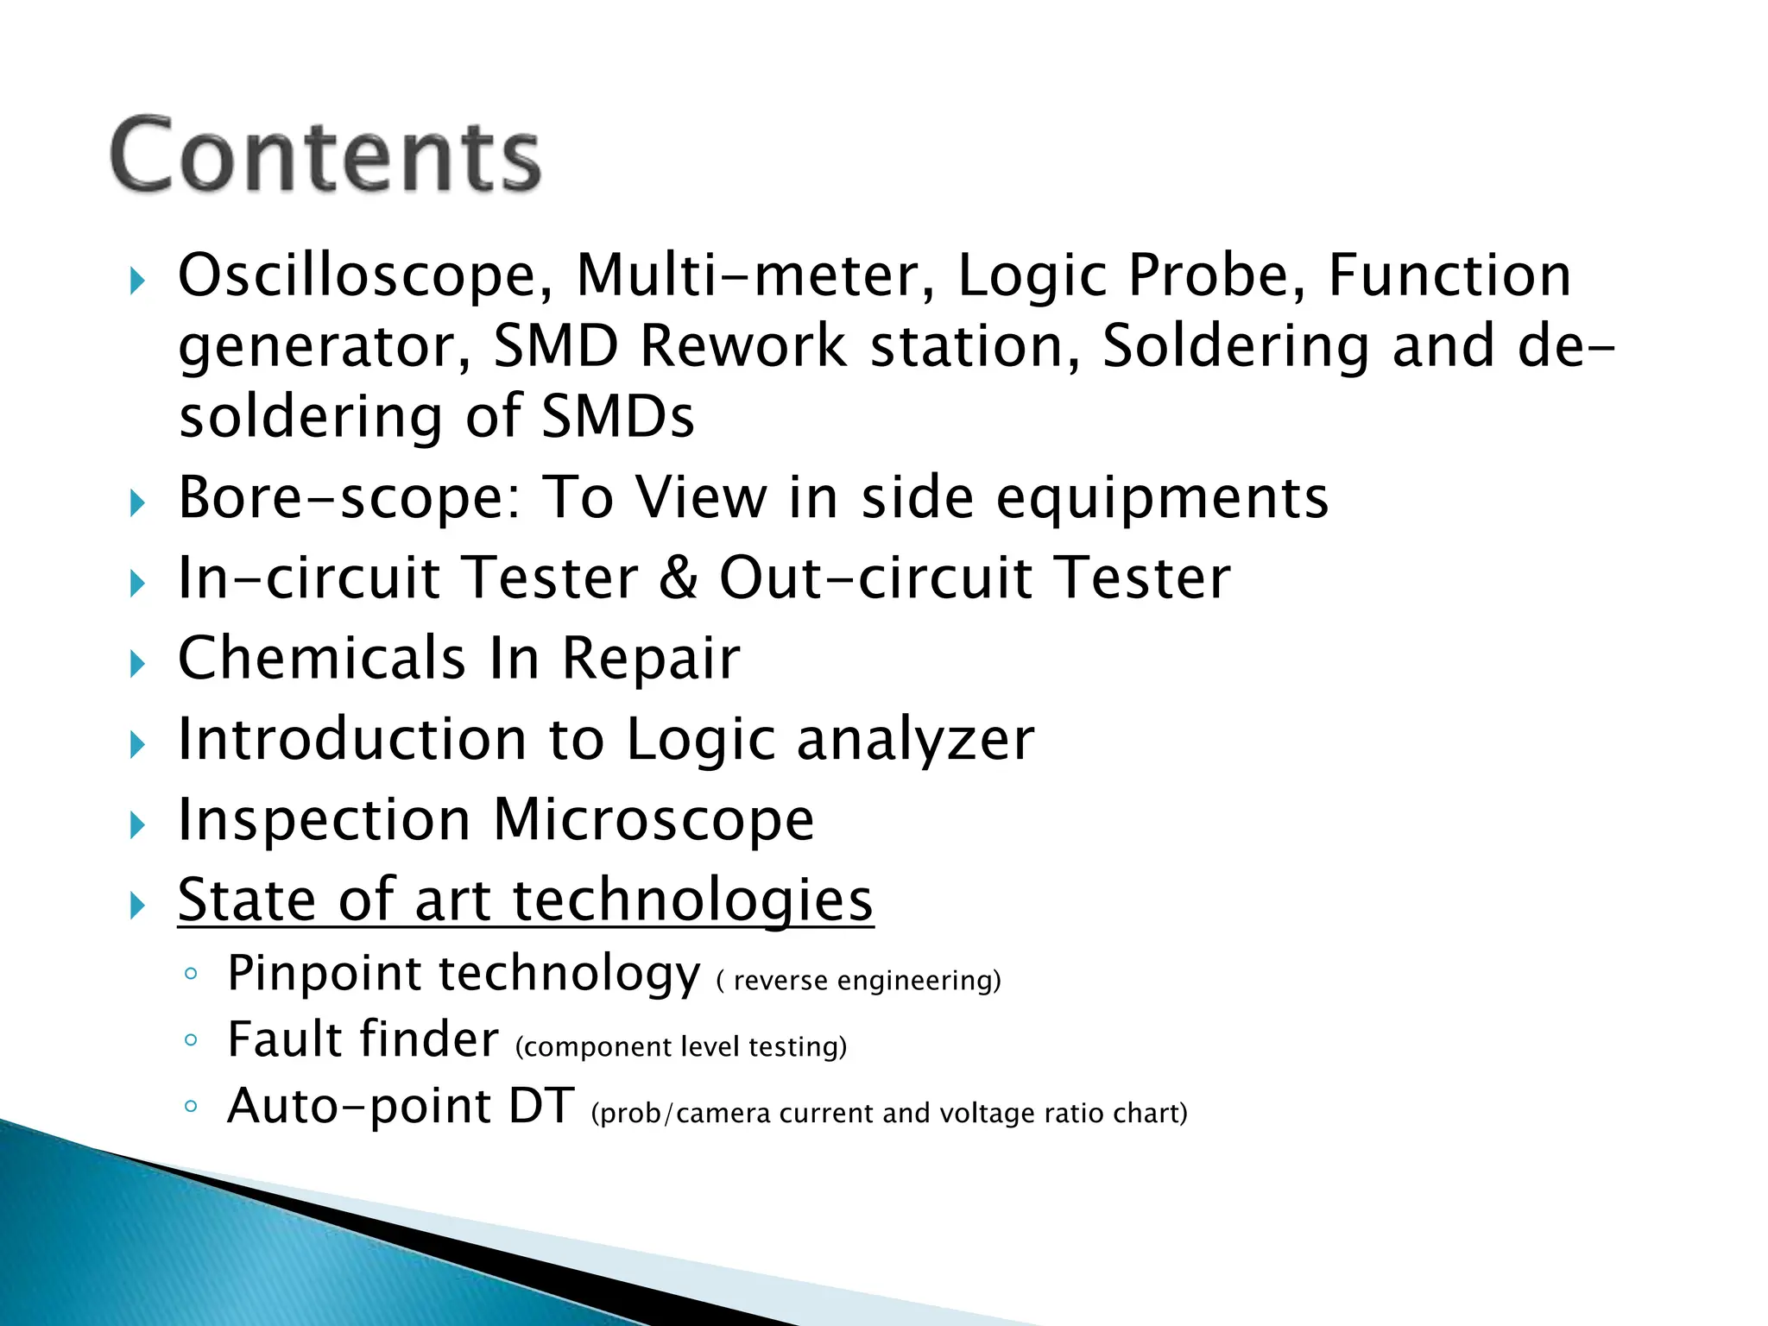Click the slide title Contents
pos(325,155)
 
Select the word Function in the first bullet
pos(1449,276)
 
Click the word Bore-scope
pos(350,498)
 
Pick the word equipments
pos(1162,500)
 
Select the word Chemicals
pos(322,659)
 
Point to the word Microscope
pos(654,820)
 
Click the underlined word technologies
pos(693,901)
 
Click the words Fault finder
pos(363,1039)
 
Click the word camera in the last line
pos(723,1114)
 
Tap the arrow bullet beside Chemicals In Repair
pos(137,664)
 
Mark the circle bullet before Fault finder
pos(191,1039)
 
